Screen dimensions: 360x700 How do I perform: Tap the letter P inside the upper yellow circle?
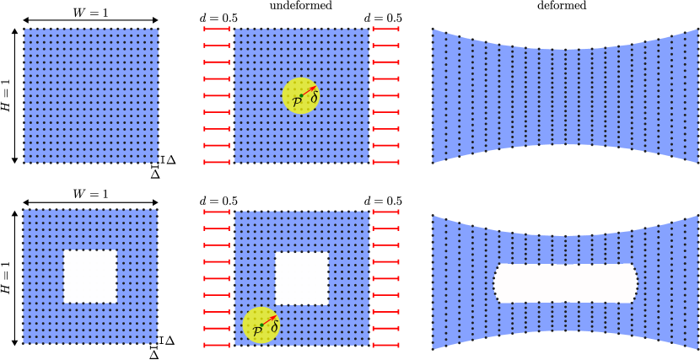297,102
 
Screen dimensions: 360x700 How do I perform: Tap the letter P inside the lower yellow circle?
257,331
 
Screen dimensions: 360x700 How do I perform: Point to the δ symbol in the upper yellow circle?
314,99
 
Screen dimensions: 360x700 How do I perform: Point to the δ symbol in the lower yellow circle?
274,327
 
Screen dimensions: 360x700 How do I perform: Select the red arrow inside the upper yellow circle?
308,90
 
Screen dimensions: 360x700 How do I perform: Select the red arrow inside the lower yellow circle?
268,320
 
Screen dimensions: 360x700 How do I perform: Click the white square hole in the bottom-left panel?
90,276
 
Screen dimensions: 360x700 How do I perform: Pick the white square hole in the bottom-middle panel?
301,278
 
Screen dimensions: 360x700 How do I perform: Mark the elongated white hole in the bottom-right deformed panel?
565,283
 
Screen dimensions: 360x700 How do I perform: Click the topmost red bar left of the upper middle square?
217,29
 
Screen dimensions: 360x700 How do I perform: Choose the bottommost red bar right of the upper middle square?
385,162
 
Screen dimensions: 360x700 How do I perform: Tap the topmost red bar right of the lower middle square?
385,212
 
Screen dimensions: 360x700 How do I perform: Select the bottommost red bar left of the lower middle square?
217,345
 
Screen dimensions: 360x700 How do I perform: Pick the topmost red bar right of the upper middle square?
385,29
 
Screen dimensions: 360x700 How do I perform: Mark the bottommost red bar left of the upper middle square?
217,162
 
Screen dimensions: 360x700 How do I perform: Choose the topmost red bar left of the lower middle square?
217,212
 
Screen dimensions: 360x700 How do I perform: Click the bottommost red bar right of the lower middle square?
385,345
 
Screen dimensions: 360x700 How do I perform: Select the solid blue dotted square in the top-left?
90,95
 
